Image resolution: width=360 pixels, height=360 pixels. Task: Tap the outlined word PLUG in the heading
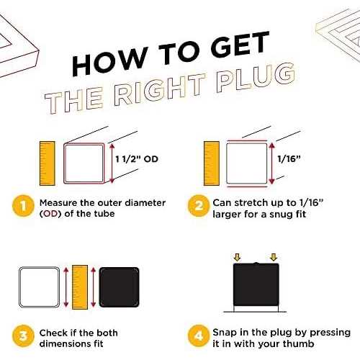point(256,78)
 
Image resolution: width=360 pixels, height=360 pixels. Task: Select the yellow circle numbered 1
point(23,206)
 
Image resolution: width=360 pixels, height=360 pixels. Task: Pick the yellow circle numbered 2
point(198,206)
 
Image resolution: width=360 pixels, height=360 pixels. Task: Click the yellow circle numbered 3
point(23,336)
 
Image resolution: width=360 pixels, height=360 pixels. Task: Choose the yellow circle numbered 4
point(198,336)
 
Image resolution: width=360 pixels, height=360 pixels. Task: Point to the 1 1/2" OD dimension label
point(137,159)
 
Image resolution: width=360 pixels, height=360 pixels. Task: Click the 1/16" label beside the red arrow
point(289,159)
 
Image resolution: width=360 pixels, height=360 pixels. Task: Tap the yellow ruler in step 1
point(48,163)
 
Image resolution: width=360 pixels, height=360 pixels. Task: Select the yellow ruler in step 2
point(212,163)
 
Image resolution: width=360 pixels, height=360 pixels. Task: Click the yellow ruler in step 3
point(80,287)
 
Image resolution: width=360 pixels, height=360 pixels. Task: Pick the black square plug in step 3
point(119,287)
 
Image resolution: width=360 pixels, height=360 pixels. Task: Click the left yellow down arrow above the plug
point(237,258)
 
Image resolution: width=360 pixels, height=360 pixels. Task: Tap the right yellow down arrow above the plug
point(274,258)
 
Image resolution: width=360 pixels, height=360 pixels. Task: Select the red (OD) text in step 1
point(50,214)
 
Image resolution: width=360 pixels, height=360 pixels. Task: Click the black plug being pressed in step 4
point(256,284)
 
